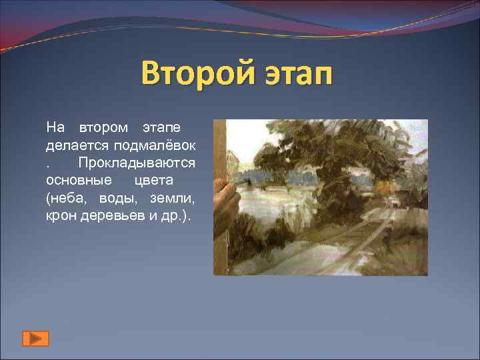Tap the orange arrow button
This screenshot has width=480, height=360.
tap(35, 338)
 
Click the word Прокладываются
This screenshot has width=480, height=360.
tap(137, 163)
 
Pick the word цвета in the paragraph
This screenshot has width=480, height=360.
tap(153, 181)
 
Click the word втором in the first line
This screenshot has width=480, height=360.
tap(105, 127)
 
